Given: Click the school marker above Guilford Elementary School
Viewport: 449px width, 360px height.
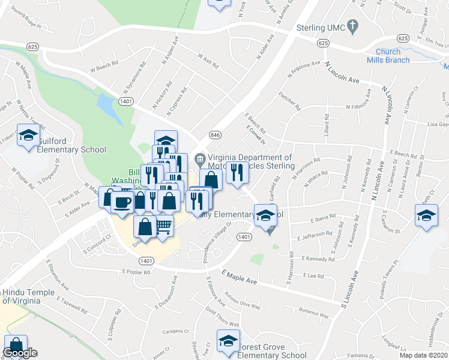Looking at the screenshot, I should click(28, 135).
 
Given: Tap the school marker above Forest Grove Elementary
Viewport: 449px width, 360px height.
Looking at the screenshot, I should click(228, 341).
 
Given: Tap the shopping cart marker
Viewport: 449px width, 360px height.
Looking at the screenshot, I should click(163, 226).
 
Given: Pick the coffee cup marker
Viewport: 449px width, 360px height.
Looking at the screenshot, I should click(122, 201).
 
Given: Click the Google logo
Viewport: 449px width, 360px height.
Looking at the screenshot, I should click(20, 353).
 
